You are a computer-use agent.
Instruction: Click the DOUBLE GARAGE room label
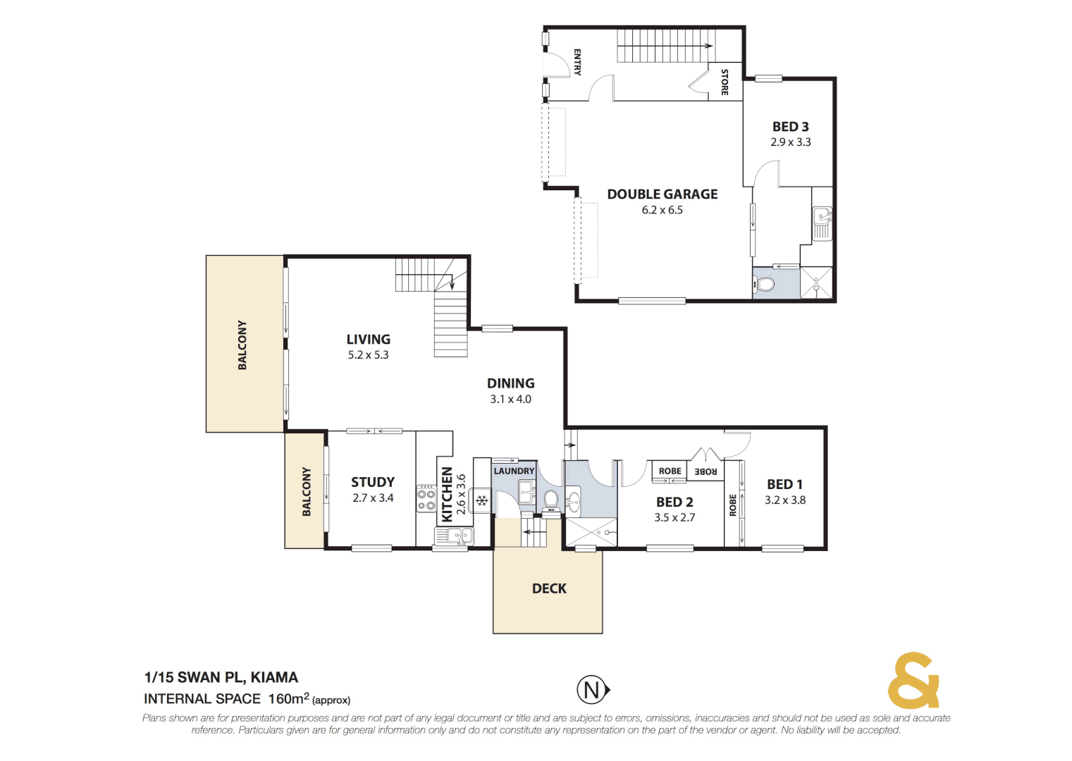[662, 194]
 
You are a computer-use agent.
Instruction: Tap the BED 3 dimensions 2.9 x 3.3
[790, 142]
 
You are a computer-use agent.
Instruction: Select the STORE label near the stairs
[724, 82]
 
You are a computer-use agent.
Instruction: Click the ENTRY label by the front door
[577, 62]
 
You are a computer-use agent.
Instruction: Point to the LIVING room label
[368, 340]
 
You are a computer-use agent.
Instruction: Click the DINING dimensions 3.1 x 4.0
[510, 400]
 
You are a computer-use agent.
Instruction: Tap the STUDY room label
[373, 483]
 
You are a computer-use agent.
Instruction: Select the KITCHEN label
[447, 495]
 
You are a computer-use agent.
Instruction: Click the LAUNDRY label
[514, 471]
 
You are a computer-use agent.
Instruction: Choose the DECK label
[549, 588]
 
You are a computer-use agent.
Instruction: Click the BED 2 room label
[674, 502]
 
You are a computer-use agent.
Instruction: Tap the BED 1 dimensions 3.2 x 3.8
[784, 500]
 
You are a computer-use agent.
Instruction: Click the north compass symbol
[593, 690]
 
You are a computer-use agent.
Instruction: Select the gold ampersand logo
[913, 681]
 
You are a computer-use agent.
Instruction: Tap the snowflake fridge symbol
[482, 501]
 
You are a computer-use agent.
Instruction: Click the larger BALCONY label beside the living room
[242, 345]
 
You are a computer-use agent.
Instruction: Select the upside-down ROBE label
[706, 471]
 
